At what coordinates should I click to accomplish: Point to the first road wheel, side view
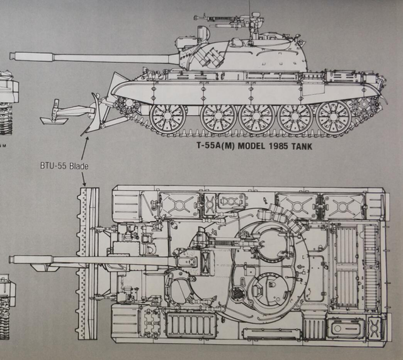[168, 117]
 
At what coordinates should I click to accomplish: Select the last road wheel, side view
[333, 117]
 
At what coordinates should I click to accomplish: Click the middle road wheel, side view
[257, 117]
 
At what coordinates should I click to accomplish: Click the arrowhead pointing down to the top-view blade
[84, 183]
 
